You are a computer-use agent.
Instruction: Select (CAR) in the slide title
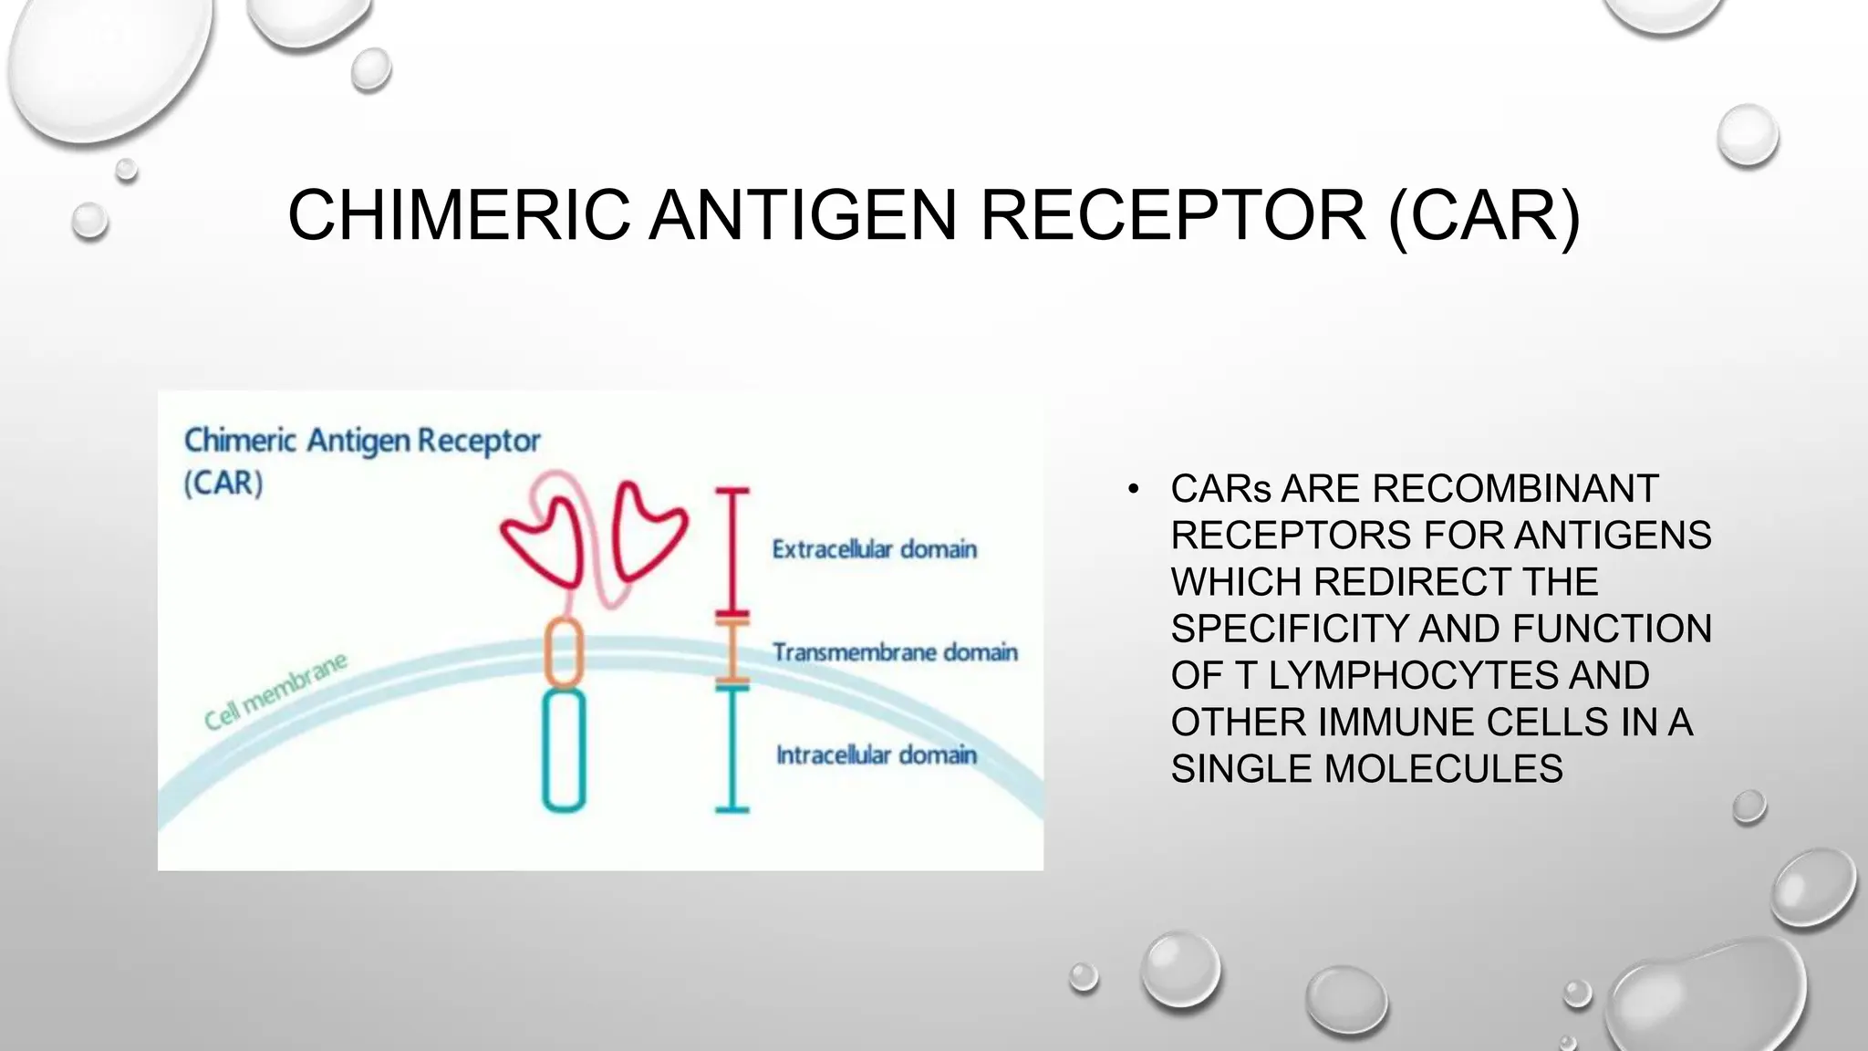coord(1483,215)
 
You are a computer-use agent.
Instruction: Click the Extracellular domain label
coord(874,549)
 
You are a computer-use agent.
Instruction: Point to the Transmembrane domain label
coord(895,652)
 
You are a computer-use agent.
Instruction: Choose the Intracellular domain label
coord(876,755)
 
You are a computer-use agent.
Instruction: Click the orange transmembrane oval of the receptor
coord(564,651)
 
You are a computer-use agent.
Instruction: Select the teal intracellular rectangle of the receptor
coord(564,750)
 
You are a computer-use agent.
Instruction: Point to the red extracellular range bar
coord(732,551)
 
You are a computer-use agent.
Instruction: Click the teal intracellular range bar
coord(732,748)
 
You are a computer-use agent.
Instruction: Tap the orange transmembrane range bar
coord(732,651)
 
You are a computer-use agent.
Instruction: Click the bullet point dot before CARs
coord(1134,490)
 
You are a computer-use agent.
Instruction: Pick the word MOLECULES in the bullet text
coord(1443,769)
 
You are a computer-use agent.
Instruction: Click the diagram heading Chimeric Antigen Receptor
coord(362,442)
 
